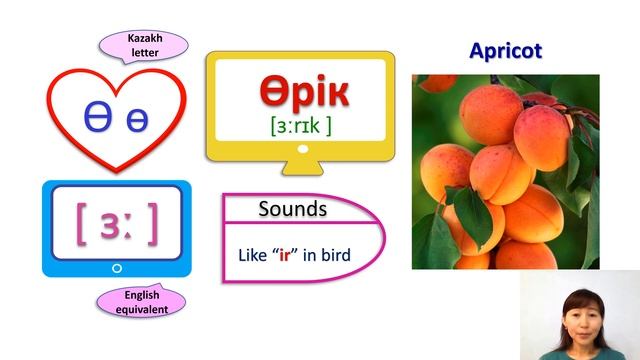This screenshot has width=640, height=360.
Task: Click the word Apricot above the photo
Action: coord(505,51)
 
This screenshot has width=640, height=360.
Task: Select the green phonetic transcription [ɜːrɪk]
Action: coord(299,127)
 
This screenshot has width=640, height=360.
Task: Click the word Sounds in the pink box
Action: coord(292,209)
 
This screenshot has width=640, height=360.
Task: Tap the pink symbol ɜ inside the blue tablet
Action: coord(113,222)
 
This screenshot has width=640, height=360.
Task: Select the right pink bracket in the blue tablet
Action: coord(152,223)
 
